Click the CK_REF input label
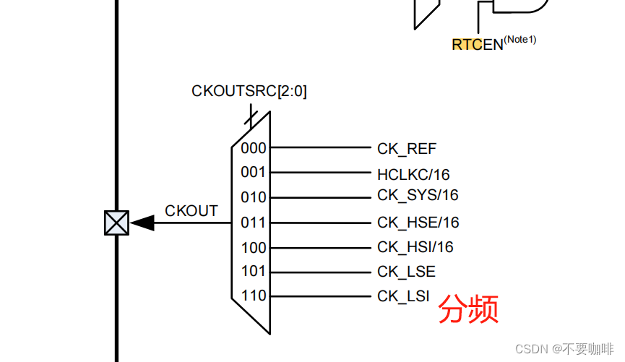[407, 149]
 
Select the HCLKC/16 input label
[413, 174]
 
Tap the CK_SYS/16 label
[418, 196]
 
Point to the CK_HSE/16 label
[418, 223]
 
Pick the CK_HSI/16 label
[415, 247]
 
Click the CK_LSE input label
[406, 272]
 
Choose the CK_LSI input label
[403, 296]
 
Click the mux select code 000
[254, 148]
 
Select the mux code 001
[254, 173]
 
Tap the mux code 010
[254, 197]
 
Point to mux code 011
[254, 223]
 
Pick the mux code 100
[254, 247]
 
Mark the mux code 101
[254, 272]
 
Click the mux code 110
[254, 296]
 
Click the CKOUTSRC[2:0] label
[249, 92]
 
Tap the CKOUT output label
[191, 211]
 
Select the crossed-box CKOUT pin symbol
[116, 223]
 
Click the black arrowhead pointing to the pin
[142, 223]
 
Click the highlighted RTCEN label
[478, 44]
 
